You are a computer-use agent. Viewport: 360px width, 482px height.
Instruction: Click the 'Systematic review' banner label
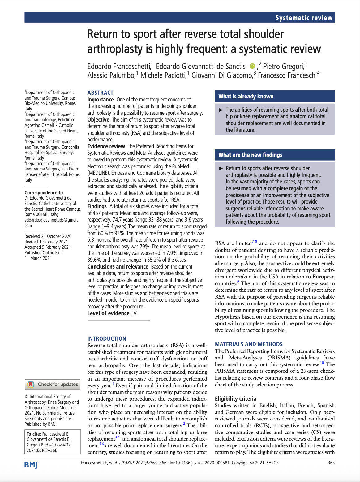point(304,18)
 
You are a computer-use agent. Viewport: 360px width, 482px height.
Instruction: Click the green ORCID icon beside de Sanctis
point(252,66)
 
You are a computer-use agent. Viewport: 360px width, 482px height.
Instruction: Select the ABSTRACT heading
point(100,93)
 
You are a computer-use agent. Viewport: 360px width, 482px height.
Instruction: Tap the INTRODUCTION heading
point(107,338)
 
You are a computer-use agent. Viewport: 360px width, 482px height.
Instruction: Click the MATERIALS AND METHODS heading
point(249,344)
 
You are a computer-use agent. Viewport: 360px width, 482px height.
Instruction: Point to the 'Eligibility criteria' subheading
point(235,398)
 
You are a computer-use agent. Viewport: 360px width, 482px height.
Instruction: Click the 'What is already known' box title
point(246,96)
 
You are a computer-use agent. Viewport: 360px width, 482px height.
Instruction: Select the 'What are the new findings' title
point(250,155)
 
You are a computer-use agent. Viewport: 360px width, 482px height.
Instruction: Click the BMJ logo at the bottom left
point(31,465)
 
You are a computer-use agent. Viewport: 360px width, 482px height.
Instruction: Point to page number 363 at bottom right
point(331,463)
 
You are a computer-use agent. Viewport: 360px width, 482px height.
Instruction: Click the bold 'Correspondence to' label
point(44,192)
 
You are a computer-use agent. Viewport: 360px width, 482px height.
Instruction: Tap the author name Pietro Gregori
point(283,66)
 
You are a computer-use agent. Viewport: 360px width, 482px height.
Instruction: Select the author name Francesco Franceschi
point(287,75)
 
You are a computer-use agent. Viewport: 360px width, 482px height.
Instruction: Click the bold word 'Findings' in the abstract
point(97,206)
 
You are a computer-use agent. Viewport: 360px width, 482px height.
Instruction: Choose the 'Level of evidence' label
point(108,313)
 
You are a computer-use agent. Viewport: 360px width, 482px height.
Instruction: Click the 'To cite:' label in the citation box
point(34,434)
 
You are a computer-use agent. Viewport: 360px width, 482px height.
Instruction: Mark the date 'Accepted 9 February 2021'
point(48,247)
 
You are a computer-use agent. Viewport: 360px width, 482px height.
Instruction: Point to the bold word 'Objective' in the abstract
point(98,120)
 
